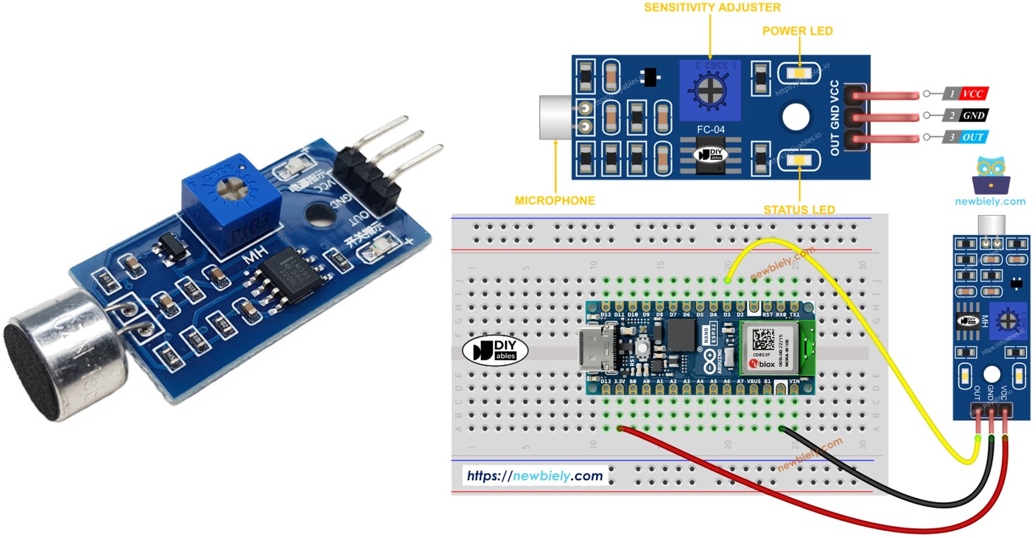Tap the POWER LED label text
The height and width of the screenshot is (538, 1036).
pyautogui.click(x=798, y=31)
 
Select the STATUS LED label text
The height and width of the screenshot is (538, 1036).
pyautogui.click(x=799, y=209)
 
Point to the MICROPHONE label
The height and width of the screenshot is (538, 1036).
pyautogui.click(x=555, y=200)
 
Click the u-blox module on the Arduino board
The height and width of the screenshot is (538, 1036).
pyautogui.click(x=776, y=348)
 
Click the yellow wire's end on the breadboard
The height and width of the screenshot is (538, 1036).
pyautogui.click(x=727, y=280)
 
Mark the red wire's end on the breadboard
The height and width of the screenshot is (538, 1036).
pyautogui.click(x=620, y=428)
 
